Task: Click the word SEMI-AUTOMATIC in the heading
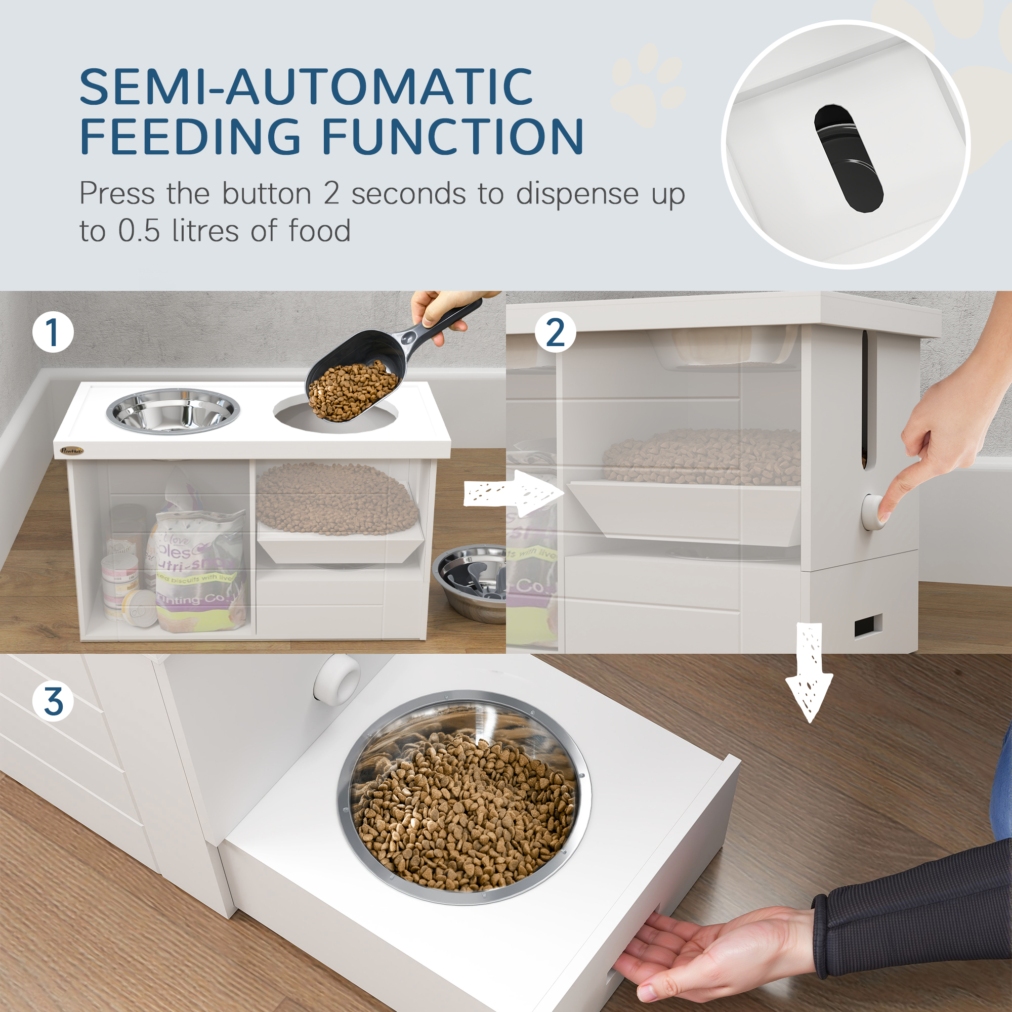[307, 87]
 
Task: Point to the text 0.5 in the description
[139, 231]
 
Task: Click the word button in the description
[267, 194]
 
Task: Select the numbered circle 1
[53, 332]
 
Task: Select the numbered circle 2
[555, 332]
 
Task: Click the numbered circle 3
[53, 701]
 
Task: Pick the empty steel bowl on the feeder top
[173, 411]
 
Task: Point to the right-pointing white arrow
[513, 493]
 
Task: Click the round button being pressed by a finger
[872, 511]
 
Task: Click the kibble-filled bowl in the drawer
[463, 799]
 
